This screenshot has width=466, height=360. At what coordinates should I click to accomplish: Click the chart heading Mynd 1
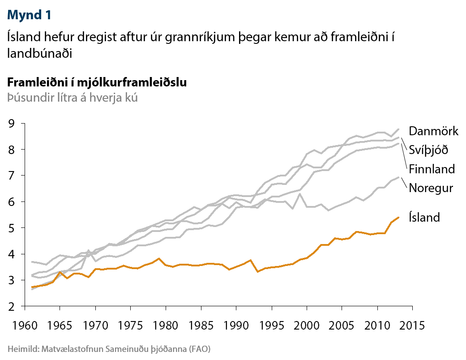pos(29,15)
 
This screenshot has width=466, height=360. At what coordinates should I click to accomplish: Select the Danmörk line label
pos(433,131)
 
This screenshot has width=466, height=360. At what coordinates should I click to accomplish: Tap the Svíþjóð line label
pos(428,150)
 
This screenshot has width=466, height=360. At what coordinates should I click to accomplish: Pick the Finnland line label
pos(432,169)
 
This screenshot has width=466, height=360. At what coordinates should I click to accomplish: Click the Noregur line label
pos(431,188)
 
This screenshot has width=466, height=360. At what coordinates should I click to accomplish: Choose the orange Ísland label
pos(424,218)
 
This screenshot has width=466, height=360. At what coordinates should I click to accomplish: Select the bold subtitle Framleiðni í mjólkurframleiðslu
pos(97,83)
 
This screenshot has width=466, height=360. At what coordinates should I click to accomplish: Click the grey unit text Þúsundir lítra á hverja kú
pos(72,97)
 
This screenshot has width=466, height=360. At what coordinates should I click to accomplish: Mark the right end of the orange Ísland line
pos(398,217)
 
